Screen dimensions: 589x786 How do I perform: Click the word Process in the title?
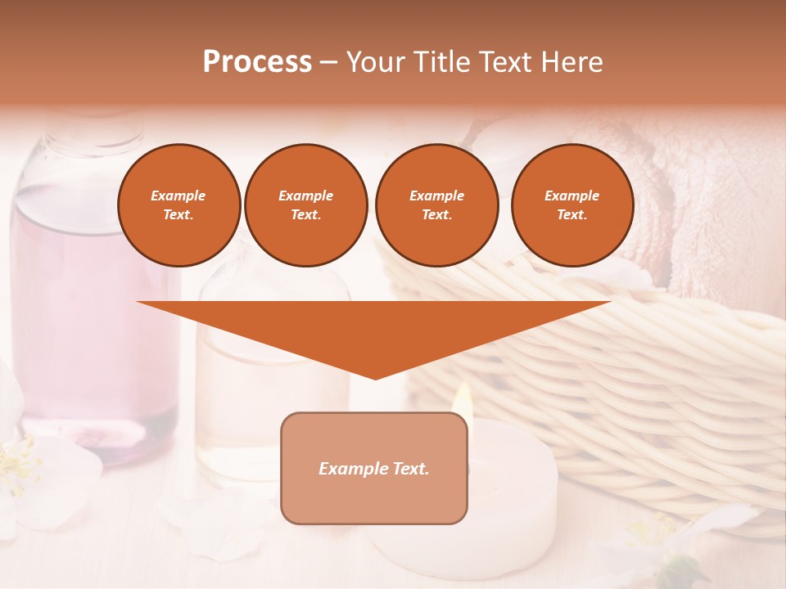[257, 61]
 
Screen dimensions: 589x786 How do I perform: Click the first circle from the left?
[178, 205]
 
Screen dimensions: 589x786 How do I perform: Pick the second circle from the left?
[305, 205]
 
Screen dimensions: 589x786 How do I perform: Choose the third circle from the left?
[436, 205]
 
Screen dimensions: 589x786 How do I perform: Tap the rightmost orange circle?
[571, 205]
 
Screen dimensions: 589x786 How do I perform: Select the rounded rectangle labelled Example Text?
[374, 468]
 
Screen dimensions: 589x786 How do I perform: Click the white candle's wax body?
[508, 491]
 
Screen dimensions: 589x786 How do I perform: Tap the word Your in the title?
[373, 61]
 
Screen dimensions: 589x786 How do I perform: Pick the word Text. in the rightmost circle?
[571, 214]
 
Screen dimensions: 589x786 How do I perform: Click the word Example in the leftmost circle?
[178, 196]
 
